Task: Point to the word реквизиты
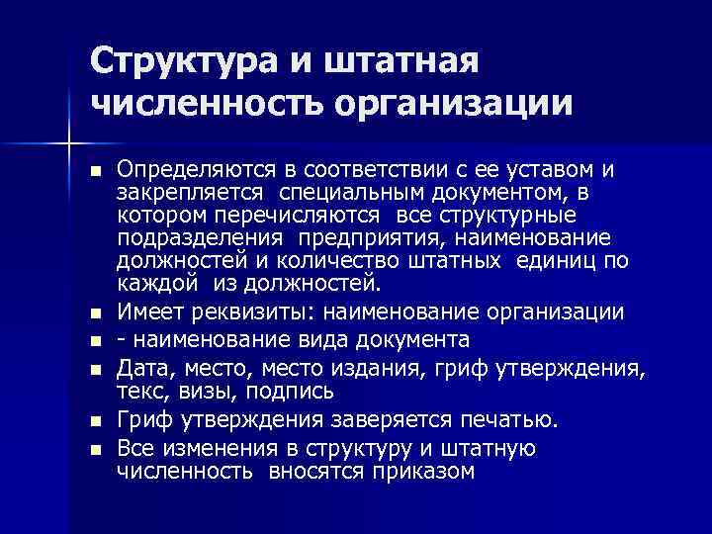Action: (x=256, y=312)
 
